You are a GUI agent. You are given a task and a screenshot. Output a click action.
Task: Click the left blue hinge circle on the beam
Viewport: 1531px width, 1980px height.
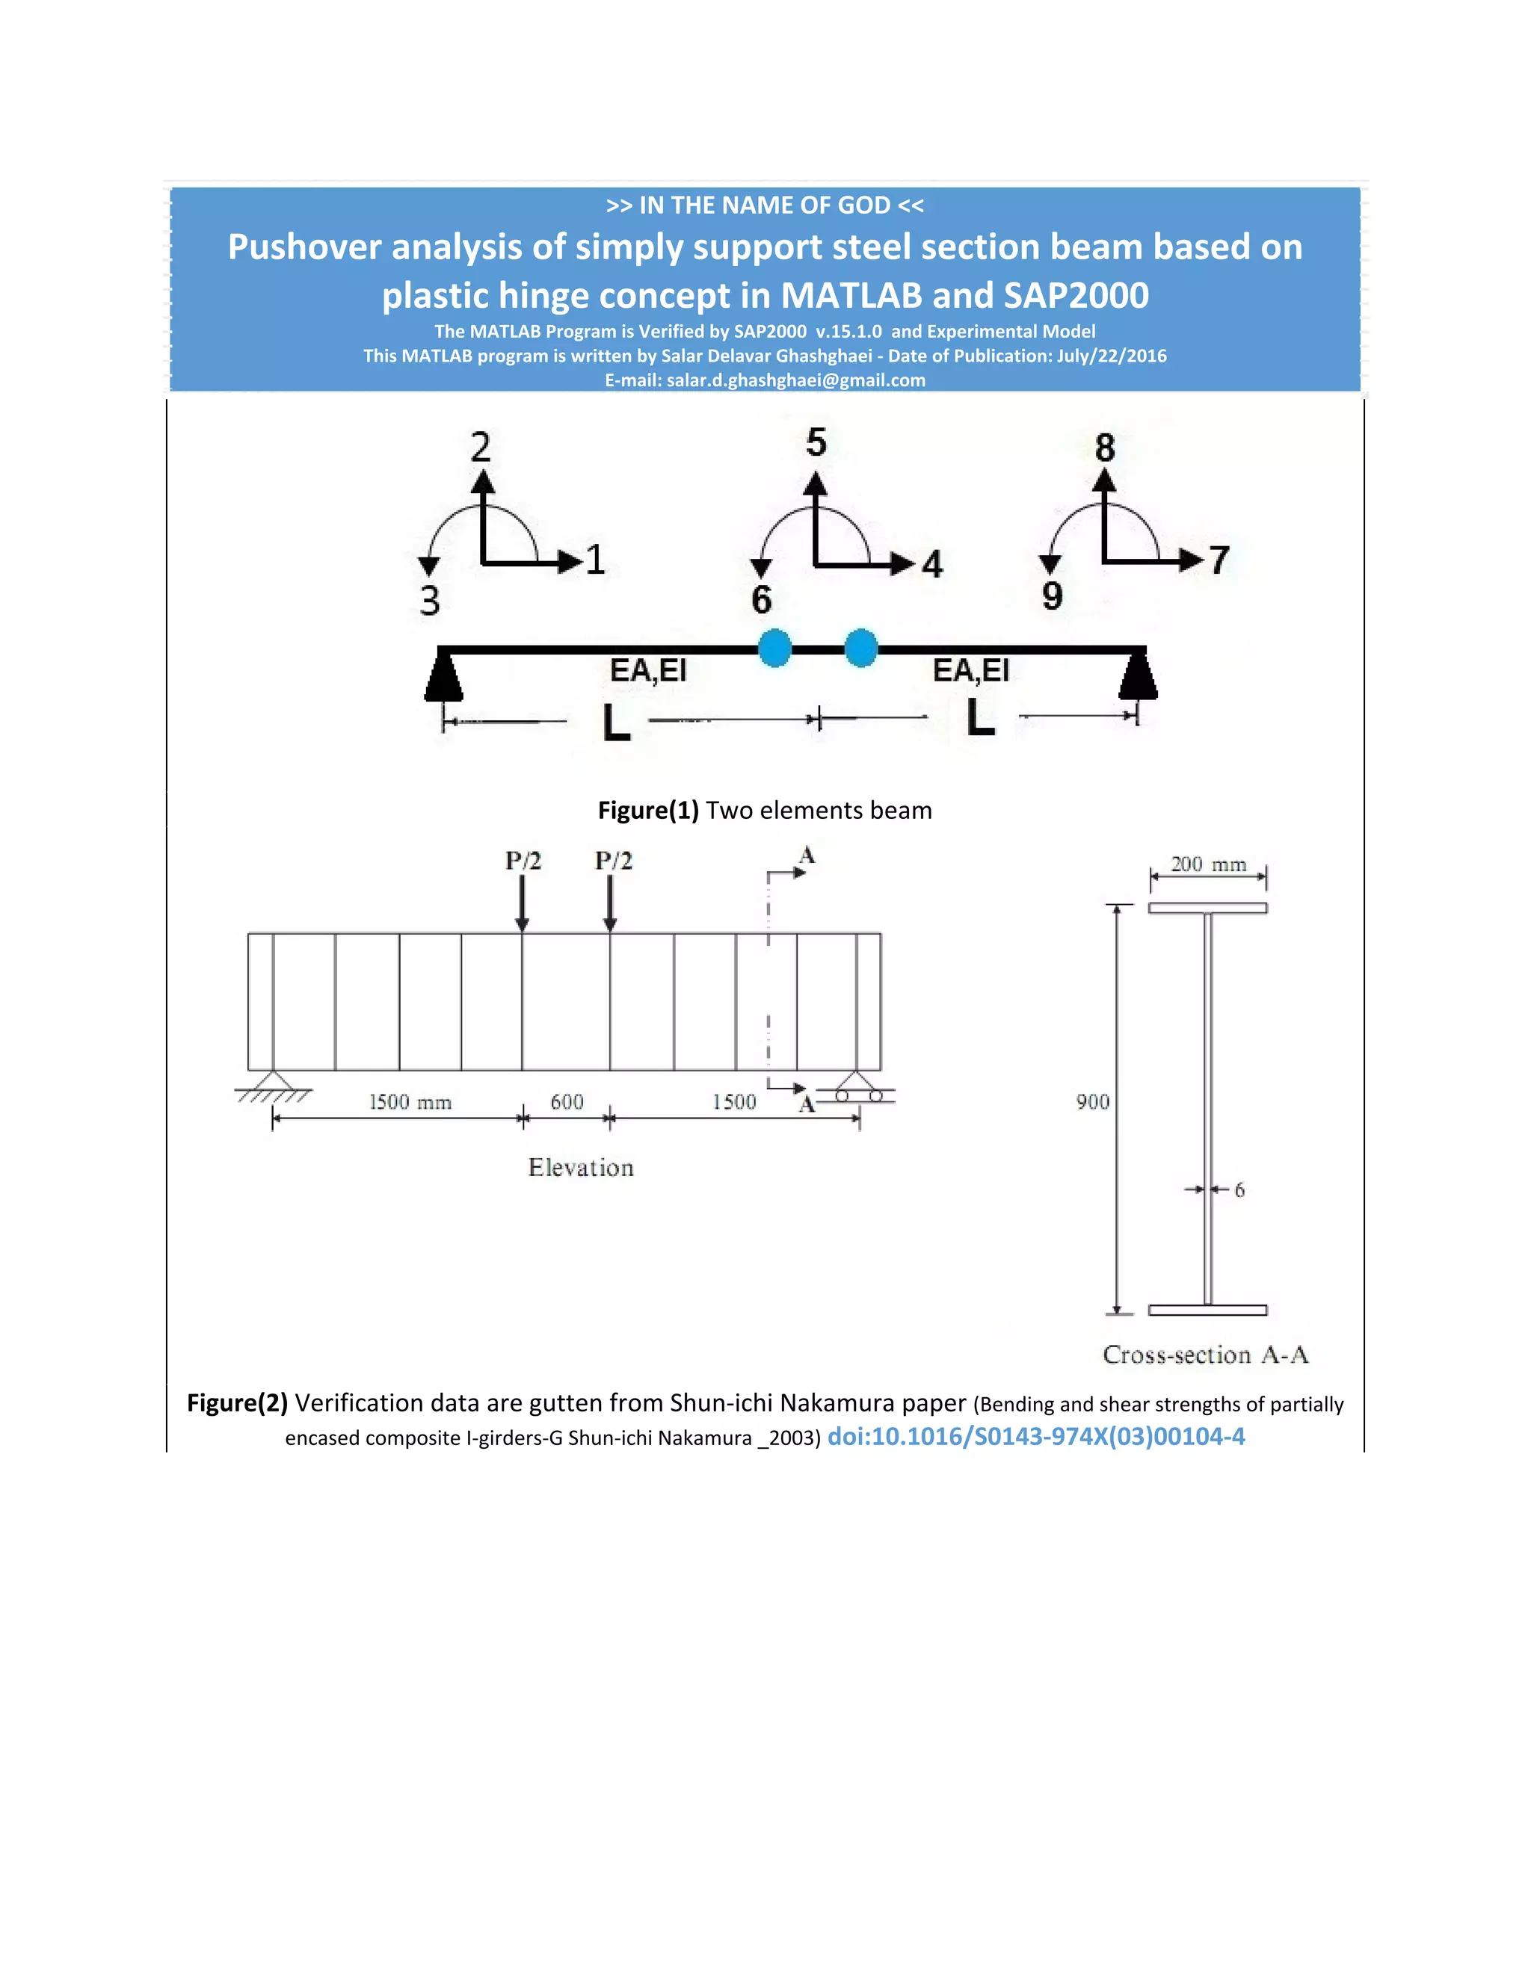[774, 649]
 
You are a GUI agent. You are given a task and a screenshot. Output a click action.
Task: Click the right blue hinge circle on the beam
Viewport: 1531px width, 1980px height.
[860, 649]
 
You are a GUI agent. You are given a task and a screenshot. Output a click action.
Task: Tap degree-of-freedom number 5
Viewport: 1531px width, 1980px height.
[816, 442]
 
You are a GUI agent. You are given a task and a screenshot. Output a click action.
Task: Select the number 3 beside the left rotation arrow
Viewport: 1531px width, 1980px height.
[430, 601]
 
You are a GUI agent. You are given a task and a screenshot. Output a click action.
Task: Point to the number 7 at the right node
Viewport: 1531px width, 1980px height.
[1219, 560]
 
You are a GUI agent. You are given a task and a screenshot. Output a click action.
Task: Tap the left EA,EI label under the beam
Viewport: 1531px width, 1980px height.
[647, 671]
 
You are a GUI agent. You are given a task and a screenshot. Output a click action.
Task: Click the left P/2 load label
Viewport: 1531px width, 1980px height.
[523, 860]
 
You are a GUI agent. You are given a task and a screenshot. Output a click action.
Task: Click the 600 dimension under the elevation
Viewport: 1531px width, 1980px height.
[567, 1101]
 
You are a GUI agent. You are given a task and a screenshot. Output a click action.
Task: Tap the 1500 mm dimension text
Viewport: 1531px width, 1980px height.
[410, 1101]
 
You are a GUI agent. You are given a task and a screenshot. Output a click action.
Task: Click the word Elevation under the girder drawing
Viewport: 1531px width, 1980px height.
[580, 1168]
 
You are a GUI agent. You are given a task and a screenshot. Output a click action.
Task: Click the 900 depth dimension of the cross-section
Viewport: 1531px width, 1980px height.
[1092, 1101]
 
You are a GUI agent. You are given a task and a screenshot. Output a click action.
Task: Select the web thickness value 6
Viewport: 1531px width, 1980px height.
[1239, 1189]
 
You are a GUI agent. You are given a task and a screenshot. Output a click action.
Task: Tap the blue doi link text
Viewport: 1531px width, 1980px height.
[1036, 1436]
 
